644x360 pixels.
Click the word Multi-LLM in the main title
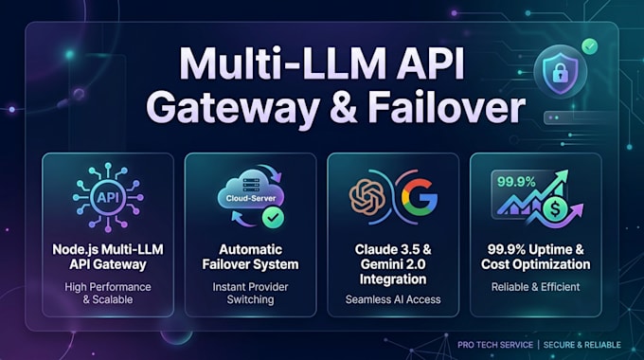283,64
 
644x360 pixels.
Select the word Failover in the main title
446,107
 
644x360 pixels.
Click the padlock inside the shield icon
560,74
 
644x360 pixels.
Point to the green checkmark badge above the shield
589,46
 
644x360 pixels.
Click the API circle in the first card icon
108,197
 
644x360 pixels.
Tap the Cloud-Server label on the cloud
251,198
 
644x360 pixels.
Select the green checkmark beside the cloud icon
273,217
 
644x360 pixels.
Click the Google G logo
420,197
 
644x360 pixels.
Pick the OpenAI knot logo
367,197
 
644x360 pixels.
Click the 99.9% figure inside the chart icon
516,182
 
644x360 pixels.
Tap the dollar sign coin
554,209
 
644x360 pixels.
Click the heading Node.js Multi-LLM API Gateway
108,257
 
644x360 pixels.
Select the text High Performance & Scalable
108,293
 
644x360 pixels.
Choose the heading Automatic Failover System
251,257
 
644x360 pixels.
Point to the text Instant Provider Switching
251,293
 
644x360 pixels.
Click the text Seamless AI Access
393,299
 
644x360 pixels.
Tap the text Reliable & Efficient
536,287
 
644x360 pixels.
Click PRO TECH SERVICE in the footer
495,345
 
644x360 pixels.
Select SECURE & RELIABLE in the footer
582,345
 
